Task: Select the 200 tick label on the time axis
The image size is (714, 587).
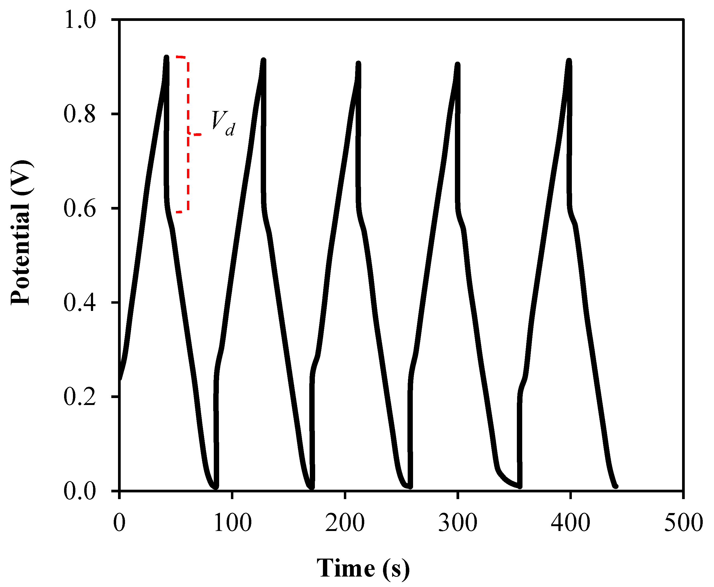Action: pyautogui.click(x=345, y=522)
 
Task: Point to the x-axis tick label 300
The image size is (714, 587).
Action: pyautogui.click(x=458, y=522)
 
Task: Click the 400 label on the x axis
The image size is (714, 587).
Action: pyautogui.click(x=571, y=522)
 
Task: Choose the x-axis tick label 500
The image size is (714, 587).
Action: pyautogui.click(x=683, y=522)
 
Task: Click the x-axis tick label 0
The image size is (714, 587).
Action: pyautogui.click(x=119, y=522)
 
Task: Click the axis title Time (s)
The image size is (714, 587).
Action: pyautogui.click(x=363, y=568)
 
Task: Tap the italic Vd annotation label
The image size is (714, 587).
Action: pyautogui.click(x=223, y=123)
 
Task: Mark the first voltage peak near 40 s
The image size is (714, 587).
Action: pyautogui.click(x=166, y=57)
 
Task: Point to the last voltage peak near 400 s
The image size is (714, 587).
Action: pyautogui.click(x=569, y=61)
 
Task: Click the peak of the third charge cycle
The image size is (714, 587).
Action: pyautogui.click(x=358, y=64)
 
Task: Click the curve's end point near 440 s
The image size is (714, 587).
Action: pyautogui.click(x=616, y=486)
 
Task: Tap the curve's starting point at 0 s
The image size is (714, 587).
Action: pyautogui.click(x=120, y=379)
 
